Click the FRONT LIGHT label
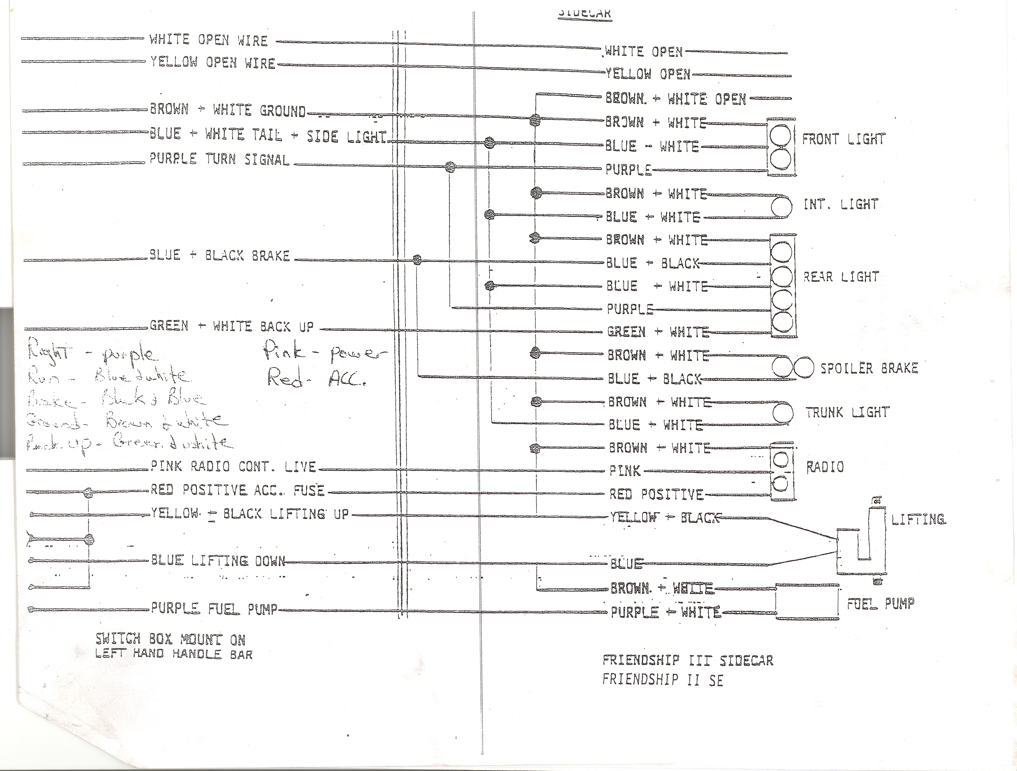[843, 139]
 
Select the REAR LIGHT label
[841, 277]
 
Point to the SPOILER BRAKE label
[869, 368]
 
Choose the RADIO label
[825, 467]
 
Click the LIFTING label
[918, 520]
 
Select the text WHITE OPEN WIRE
[208, 40]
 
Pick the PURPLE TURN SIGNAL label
[219, 160]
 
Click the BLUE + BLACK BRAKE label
[219, 255]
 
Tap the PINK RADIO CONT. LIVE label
[234, 467]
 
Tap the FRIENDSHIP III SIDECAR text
[688, 661]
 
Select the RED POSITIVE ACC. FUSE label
[238, 490]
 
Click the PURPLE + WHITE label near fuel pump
[665, 612]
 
